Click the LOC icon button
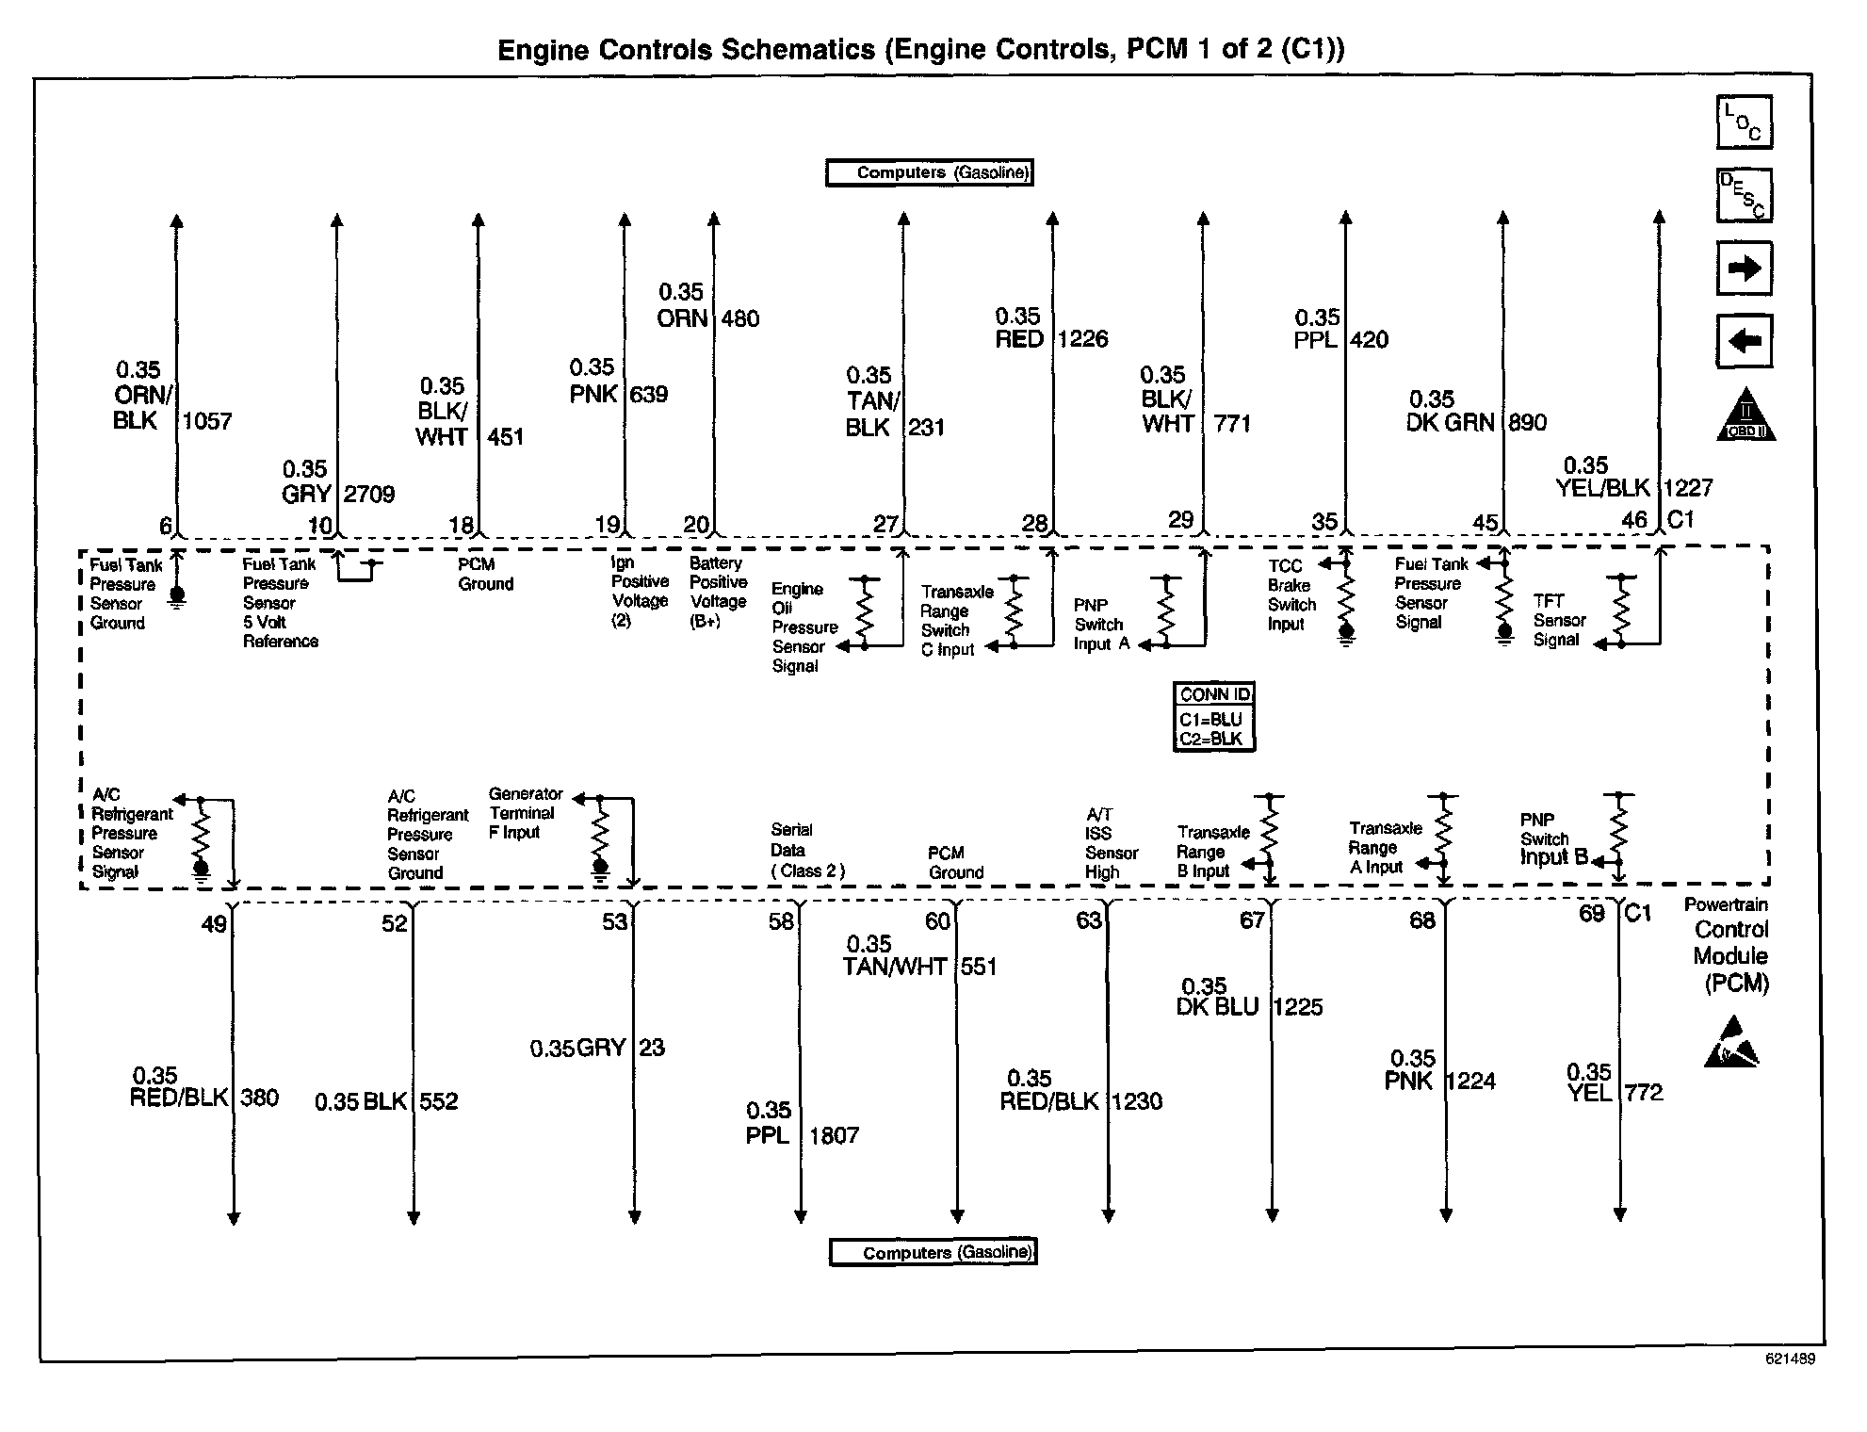(1744, 122)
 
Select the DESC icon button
(1744, 196)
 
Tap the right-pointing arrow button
(1744, 268)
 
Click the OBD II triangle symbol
(1745, 415)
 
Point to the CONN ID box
(1214, 716)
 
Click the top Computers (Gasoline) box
(930, 172)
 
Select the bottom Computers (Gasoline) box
(933, 1252)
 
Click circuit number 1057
(207, 421)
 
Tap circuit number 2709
(369, 494)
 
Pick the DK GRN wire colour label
(1450, 423)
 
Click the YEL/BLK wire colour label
(1602, 488)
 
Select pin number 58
(781, 921)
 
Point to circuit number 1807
(835, 1135)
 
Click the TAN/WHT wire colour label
(894, 967)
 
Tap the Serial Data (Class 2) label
(806, 851)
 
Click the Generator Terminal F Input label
(525, 813)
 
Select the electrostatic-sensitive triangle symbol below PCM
(1730, 1044)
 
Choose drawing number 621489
(1790, 1359)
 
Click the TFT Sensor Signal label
(1559, 620)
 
